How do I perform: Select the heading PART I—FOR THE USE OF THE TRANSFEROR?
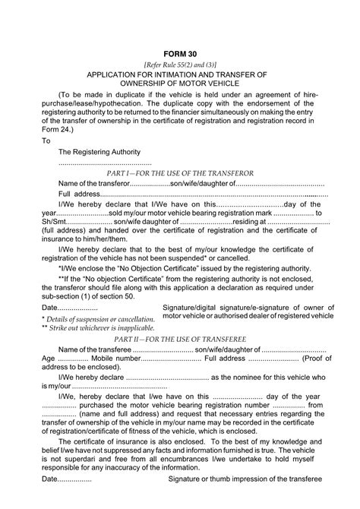point(180,173)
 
